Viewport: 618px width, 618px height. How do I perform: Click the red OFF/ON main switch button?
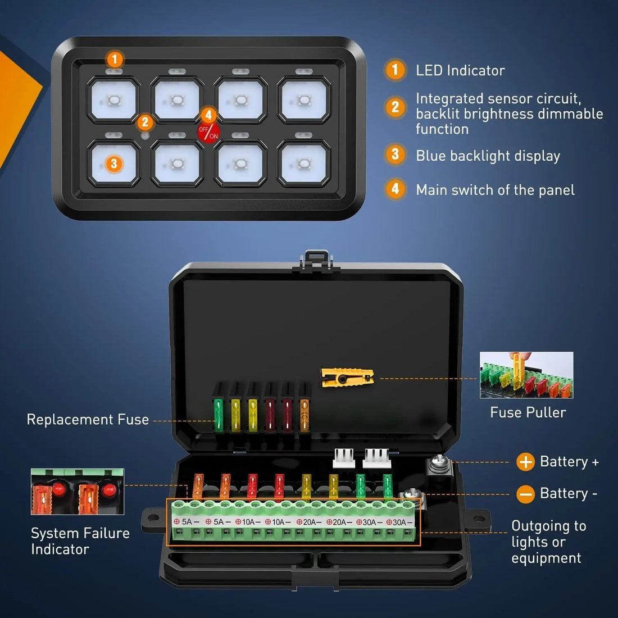[208, 133]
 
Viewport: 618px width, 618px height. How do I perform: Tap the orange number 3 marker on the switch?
[114, 163]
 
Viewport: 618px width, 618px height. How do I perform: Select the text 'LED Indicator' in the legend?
[460, 70]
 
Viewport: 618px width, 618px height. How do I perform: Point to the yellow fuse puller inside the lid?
[347, 377]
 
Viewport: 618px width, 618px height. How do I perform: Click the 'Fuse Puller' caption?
[528, 412]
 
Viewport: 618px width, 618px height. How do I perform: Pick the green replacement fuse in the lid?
[218, 415]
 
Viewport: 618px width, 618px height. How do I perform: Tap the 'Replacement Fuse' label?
[88, 420]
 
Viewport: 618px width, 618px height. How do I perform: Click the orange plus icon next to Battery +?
[525, 462]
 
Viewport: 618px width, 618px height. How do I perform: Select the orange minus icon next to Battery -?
[525, 494]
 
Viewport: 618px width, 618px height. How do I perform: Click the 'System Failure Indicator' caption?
[80, 541]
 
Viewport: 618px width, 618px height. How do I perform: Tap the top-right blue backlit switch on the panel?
[304, 100]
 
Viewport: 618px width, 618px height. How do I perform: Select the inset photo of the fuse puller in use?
[526, 375]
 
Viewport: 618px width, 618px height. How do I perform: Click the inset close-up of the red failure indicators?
[78, 492]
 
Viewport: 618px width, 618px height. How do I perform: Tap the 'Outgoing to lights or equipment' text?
[548, 542]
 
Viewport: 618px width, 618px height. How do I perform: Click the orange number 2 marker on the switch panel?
[145, 122]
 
